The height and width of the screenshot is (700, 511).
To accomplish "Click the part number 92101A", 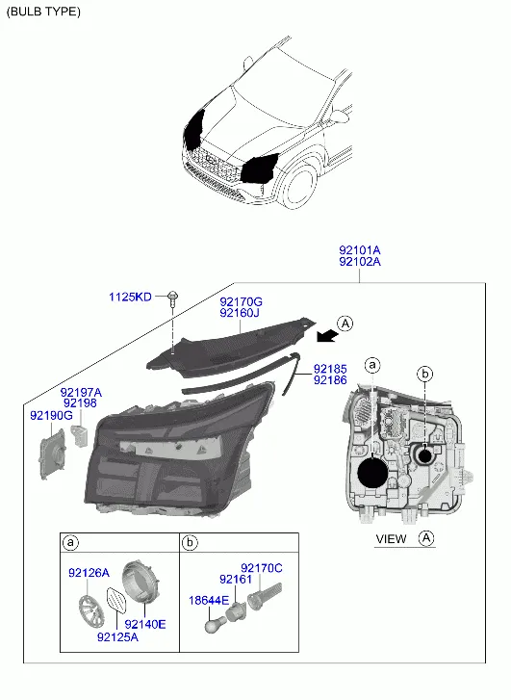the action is coord(360,250).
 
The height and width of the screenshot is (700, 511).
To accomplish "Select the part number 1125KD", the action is coord(130,297).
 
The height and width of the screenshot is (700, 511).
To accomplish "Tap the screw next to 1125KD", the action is coord(172,298).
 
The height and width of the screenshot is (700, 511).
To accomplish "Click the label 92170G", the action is coord(241,301).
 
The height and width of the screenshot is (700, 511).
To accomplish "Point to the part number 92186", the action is coord(330,380).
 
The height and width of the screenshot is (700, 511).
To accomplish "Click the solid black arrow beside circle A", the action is coord(326,335).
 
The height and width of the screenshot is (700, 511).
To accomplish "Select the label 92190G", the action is coord(51,416).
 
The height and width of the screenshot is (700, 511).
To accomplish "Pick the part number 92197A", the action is coord(81,393).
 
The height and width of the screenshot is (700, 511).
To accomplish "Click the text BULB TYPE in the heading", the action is coord(43,12).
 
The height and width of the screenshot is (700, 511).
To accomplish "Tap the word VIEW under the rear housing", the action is coord(392,539).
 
